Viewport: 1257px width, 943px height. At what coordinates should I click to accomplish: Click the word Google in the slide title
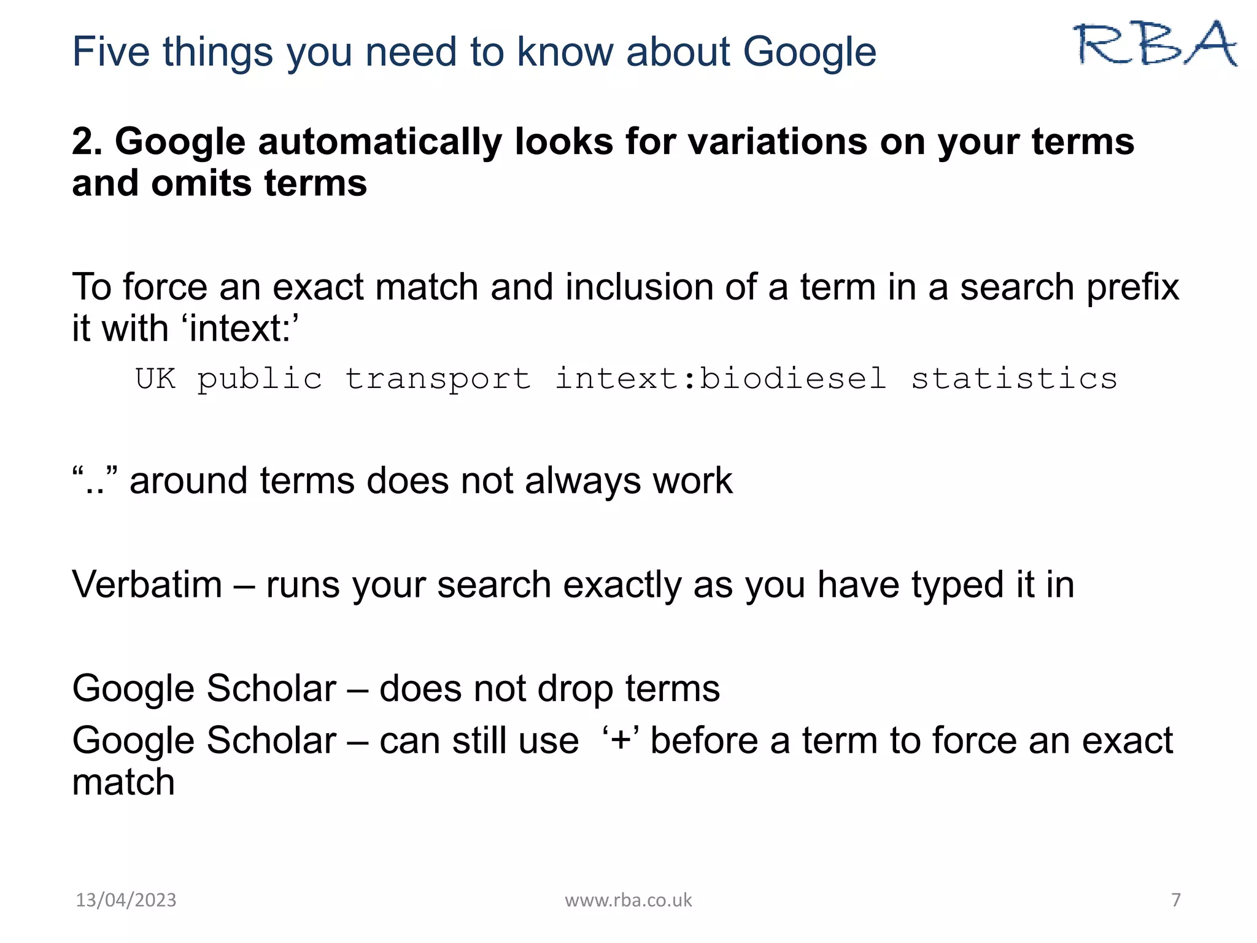[x=810, y=52]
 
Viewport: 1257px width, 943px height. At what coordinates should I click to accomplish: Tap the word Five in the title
[x=110, y=52]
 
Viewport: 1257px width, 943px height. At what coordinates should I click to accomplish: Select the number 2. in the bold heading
[x=90, y=142]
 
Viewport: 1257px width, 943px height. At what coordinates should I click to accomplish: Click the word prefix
[x=1133, y=287]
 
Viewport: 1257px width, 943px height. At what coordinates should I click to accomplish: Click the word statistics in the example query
[x=1014, y=378]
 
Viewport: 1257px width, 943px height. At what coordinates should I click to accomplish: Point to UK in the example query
[x=155, y=378]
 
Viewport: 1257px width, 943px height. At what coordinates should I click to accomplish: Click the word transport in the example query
[x=438, y=378]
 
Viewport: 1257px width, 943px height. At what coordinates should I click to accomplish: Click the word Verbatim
[x=147, y=584]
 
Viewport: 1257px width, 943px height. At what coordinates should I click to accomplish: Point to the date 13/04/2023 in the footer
[x=126, y=900]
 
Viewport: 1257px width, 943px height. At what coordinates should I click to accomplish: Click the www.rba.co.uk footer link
[x=628, y=900]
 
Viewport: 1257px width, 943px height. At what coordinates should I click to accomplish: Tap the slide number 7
[x=1175, y=900]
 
